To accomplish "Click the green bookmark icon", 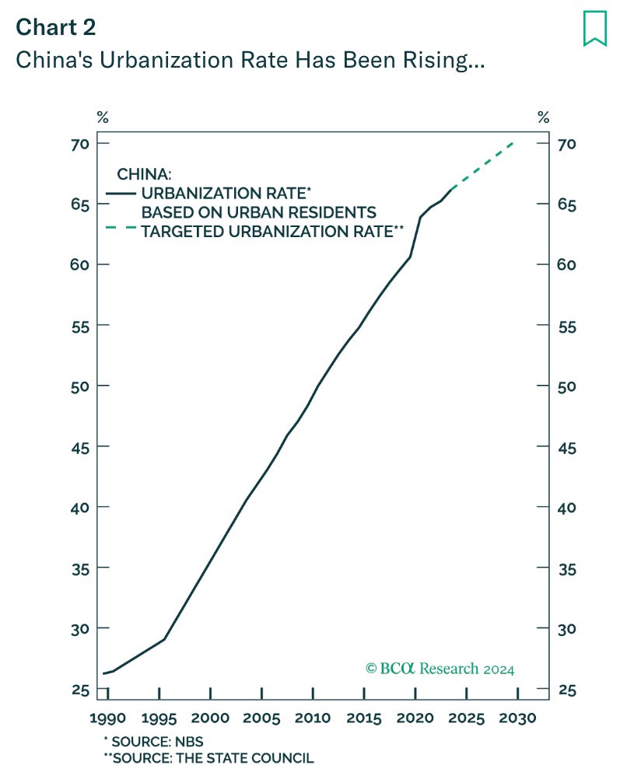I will (x=595, y=30).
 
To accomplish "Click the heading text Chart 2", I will (x=56, y=27).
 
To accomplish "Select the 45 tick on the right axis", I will (x=567, y=447).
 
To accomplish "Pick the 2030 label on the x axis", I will (x=517, y=718).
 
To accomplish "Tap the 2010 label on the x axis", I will (x=313, y=718).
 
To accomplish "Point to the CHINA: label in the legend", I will (x=144, y=174).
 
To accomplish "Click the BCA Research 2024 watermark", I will (x=440, y=669).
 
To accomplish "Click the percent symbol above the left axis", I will (x=103, y=118).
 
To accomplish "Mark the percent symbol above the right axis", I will (x=543, y=118).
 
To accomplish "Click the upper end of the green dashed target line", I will (x=514, y=142).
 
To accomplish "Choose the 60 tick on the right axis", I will (x=567, y=265).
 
